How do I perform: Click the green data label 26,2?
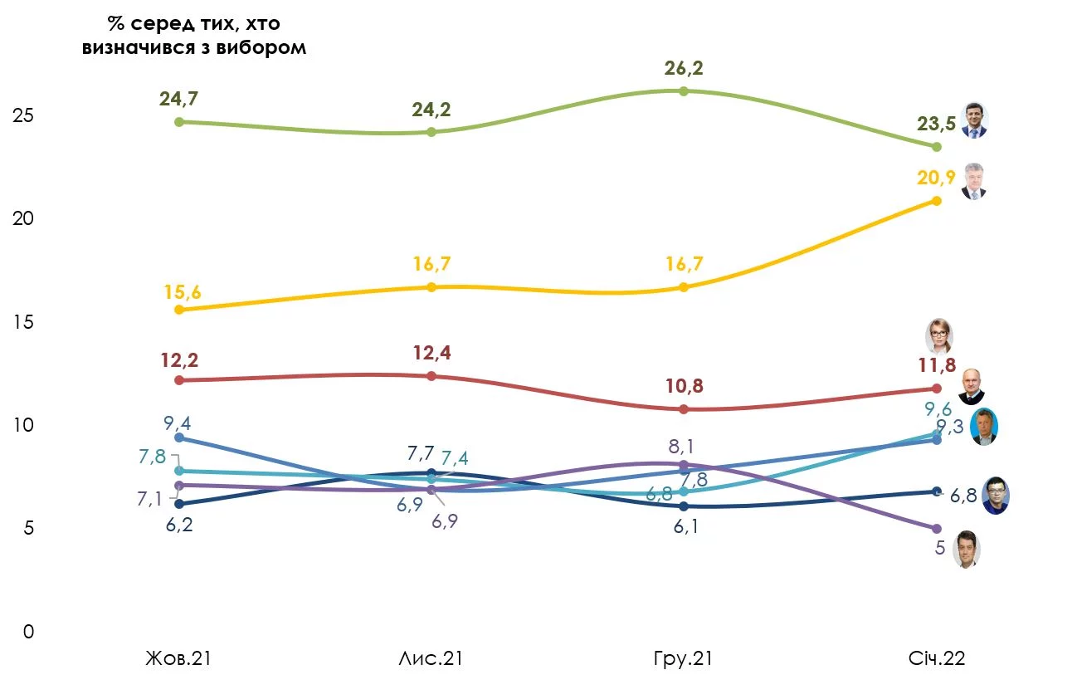tap(684, 68)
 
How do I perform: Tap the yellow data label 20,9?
tap(935, 176)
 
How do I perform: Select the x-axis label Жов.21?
tap(178, 659)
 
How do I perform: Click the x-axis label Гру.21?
tap(683, 659)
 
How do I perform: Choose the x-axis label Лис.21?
tap(431, 659)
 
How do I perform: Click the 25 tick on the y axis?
tap(22, 115)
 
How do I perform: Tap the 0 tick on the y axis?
tap(29, 632)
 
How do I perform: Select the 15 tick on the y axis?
tap(22, 322)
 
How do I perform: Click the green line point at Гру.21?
tap(684, 90)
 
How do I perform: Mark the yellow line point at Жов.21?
tap(178, 310)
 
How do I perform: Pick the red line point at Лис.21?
tap(431, 376)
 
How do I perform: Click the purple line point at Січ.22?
tap(937, 529)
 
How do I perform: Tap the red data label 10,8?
tap(683, 387)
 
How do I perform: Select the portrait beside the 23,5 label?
tap(973, 120)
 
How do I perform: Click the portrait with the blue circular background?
tap(984, 427)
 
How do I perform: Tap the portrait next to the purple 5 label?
tap(966, 550)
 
